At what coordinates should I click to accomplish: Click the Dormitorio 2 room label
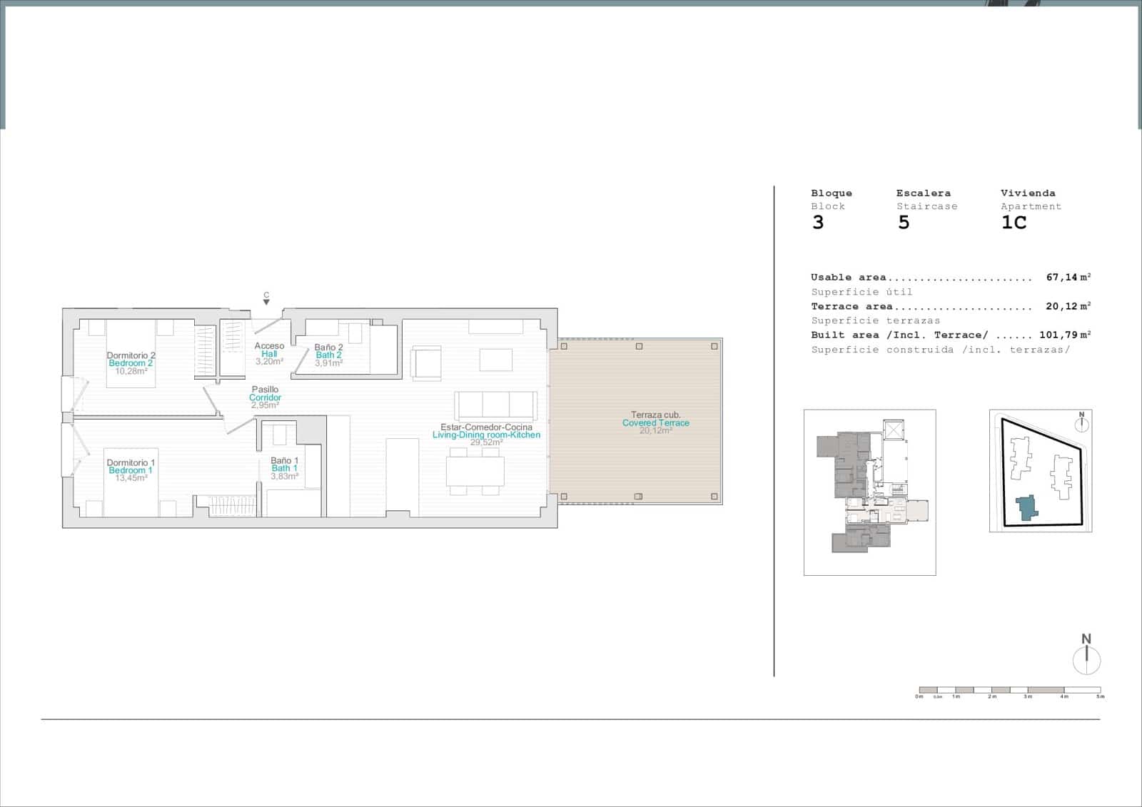click(131, 355)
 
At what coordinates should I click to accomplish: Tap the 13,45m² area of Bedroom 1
click(131, 478)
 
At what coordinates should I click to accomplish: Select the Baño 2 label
click(328, 347)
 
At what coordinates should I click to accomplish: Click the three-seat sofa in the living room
click(496, 405)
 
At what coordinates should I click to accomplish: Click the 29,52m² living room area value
click(486, 442)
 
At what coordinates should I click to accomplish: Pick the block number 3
click(818, 223)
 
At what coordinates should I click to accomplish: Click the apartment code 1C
click(1014, 223)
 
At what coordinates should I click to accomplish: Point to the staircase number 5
click(904, 223)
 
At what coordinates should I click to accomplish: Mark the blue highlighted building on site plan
click(1026, 507)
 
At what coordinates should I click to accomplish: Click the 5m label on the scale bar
click(1100, 696)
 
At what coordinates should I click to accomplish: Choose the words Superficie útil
click(861, 292)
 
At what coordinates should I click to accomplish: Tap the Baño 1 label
click(284, 461)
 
